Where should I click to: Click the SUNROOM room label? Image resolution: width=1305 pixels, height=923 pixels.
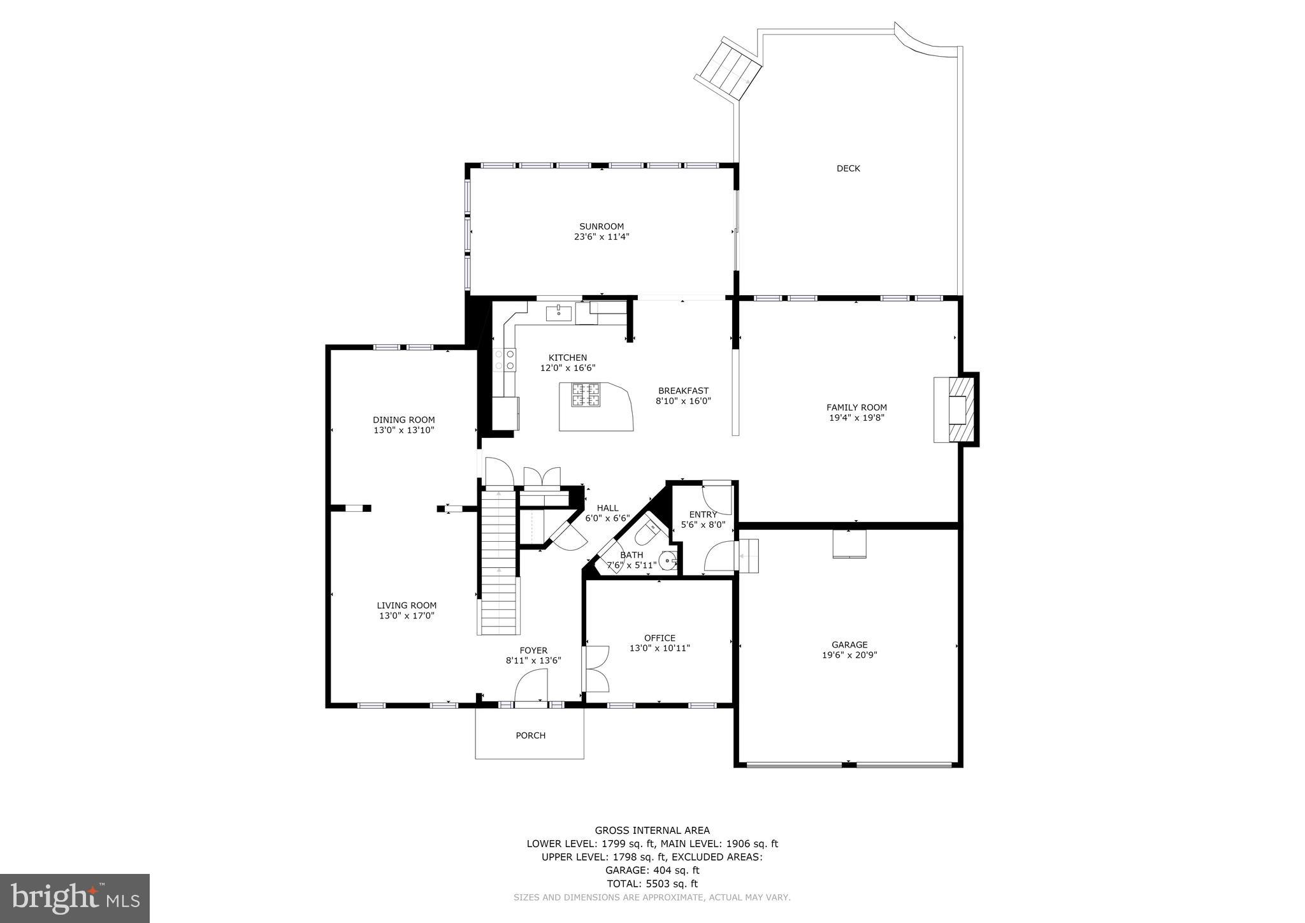click(601, 226)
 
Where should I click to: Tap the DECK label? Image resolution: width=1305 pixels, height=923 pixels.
click(847, 168)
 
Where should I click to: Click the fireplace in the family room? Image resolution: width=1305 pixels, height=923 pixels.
click(956, 410)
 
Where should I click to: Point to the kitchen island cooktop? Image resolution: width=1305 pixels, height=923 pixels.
click(586, 395)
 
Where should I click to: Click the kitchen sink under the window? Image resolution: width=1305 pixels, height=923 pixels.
click(559, 312)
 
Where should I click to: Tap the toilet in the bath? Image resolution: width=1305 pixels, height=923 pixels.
click(649, 532)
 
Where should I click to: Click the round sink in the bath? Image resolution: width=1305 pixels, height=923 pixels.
click(667, 561)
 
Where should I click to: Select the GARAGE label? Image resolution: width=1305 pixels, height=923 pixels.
click(849, 644)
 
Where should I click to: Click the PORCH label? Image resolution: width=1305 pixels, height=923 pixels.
click(530, 735)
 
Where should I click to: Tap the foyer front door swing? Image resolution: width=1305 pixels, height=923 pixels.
click(531, 688)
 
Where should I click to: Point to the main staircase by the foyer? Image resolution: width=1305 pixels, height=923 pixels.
click(498, 561)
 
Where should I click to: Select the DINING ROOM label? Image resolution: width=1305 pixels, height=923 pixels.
click(403, 419)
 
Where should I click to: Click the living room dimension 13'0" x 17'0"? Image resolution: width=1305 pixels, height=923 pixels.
click(406, 616)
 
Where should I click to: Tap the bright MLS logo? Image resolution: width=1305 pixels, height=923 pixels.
click(75, 898)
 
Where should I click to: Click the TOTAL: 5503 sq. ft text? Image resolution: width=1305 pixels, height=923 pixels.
click(652, 883)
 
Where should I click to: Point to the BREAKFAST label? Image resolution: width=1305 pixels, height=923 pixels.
click(683, 391)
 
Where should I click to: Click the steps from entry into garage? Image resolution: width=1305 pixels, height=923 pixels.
click(748, 556)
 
